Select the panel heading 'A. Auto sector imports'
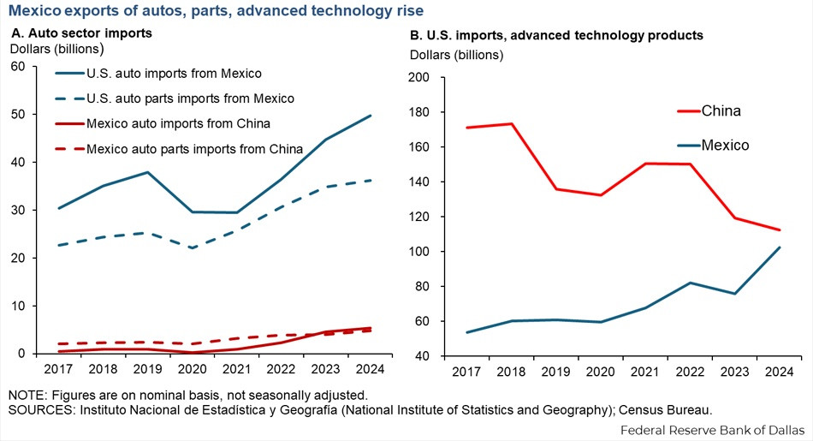[81, 33]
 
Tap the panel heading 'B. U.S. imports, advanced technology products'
[556, 35]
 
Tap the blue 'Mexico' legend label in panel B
[725, 146]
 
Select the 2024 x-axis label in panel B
[777, 372]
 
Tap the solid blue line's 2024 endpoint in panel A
[370, 115]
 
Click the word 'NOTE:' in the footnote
[30, 396]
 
